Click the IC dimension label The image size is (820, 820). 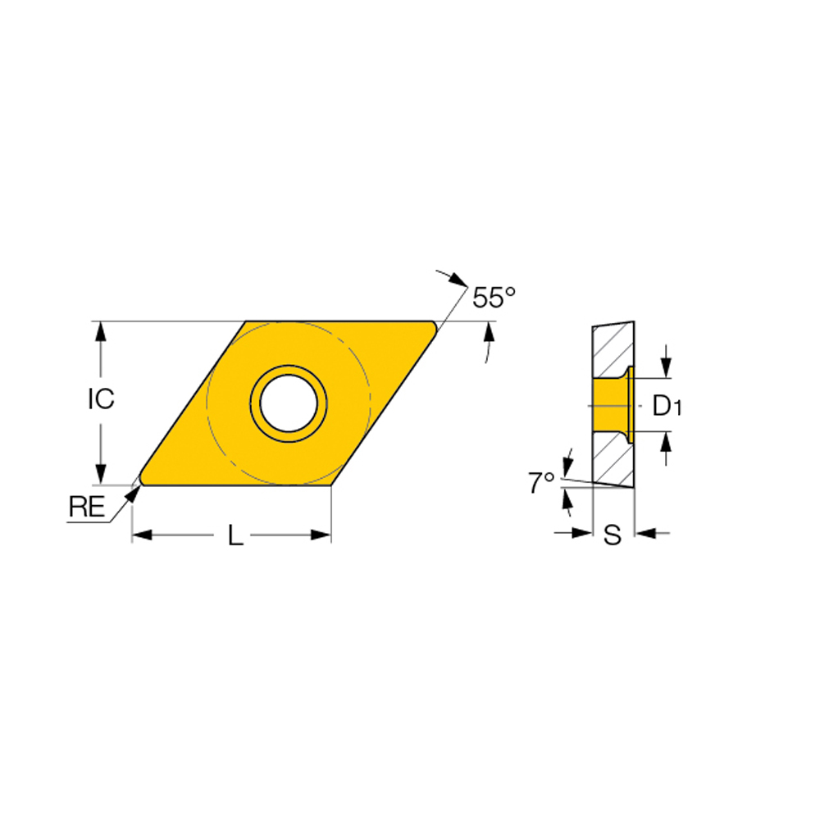pos(101,399)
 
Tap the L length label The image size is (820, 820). pos(235,536)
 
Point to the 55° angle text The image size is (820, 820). pos(494,298)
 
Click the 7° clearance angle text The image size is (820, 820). pos(541,484)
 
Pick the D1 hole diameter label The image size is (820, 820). pos(667,405)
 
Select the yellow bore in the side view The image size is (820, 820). pos(608,405)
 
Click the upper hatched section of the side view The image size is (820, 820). pos(611,348)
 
